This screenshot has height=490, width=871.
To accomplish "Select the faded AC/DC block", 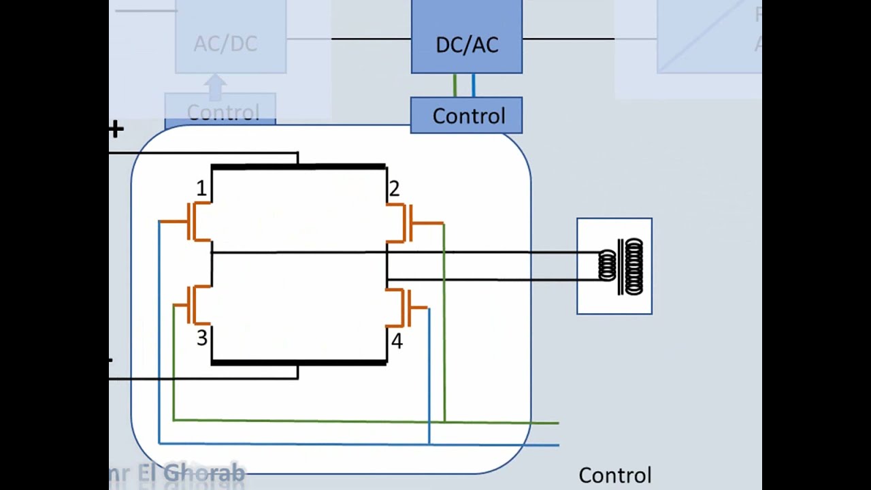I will coord(230,42).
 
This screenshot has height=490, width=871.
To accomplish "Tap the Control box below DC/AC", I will coord(467,116).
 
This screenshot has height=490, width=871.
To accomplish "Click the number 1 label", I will coord(201,189).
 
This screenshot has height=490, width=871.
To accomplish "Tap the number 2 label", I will coord(394,189).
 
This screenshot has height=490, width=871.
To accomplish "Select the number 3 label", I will coord(201,338).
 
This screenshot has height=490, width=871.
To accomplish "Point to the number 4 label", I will coord(397,341).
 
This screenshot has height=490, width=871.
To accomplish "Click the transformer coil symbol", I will coord(621,266).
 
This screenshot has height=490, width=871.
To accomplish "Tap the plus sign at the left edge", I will coord(116,129).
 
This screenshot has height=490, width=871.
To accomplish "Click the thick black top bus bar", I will coord(298,166).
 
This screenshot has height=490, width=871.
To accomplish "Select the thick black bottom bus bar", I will coord(298,363).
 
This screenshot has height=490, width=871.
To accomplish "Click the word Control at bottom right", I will coord(614,475).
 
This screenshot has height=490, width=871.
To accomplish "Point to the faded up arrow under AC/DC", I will coord(216,86).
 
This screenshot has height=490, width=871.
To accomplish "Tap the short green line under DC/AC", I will coord(455,85).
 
